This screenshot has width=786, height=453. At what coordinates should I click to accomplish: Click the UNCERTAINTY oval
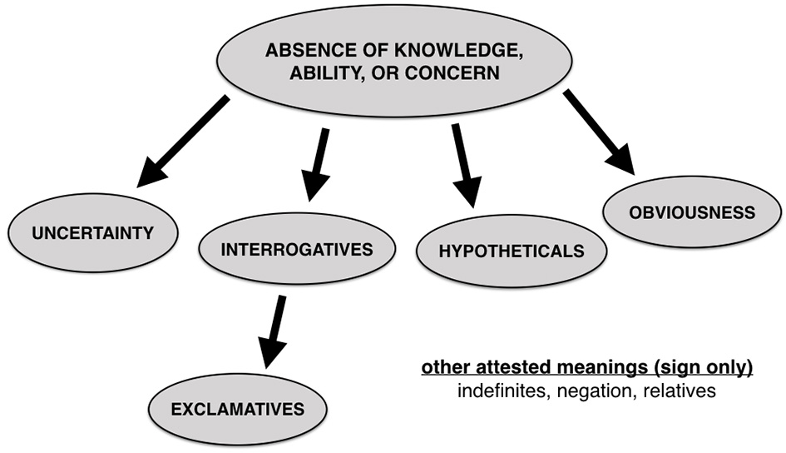[x=92, y=232]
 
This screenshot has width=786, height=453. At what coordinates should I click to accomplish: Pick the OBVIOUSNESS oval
[x=692, y=212]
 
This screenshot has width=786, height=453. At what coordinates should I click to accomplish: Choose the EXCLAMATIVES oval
[x=238, y=409]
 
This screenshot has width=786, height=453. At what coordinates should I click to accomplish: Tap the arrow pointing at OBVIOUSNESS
[x=598, y=132]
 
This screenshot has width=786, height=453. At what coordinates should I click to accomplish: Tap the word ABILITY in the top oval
[x=324, y=73]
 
